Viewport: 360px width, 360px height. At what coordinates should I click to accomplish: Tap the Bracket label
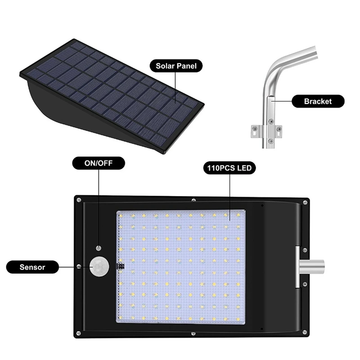point(318,101)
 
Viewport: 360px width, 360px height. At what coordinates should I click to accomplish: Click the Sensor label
point(32,267)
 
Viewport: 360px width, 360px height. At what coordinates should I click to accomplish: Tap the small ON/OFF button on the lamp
point(99,248)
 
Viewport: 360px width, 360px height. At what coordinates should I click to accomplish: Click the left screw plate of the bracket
point(255,131)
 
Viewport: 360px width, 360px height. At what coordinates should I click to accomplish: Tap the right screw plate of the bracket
point(279,131)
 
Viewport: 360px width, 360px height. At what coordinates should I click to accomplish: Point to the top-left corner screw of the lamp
point(78,198)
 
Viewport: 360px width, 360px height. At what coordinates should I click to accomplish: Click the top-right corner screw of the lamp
point(306,202)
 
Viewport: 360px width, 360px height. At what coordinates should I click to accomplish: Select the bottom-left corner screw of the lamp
point(78,333)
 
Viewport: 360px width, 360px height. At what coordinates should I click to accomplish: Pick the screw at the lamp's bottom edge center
point(193,334)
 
